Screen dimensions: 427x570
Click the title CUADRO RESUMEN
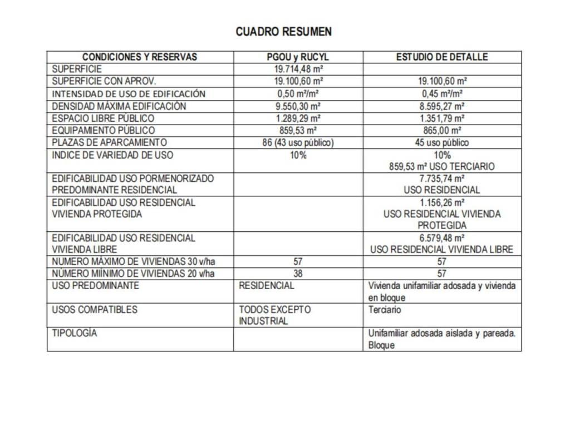pos(283,32)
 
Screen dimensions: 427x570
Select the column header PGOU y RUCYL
pos(298,57)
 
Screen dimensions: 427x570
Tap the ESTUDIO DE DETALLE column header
pos(442,57)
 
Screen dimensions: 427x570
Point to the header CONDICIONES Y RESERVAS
pos(140,57)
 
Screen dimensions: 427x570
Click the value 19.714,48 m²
pos(298,69)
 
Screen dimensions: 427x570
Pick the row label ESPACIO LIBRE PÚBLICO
pos(104,118)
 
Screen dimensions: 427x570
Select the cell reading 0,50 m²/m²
pos(298,94)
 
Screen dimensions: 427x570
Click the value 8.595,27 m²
pos(443,106)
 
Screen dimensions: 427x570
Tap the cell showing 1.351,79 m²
pos(443,118)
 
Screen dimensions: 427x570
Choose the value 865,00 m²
pos(443,131)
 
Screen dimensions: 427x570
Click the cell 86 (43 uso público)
pos(298,143)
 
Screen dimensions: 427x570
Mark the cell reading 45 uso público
pos(443,143)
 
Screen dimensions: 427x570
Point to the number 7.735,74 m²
pos(443,178)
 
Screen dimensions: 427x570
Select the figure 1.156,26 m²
pos(443,202)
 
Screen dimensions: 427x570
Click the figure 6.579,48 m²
pos(443,238)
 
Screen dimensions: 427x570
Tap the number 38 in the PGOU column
pos(298,274)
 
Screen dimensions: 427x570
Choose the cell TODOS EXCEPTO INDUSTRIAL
pos(275,315)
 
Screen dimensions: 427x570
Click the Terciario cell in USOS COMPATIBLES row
pos(385,310)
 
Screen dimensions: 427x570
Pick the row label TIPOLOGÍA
pos(75,334)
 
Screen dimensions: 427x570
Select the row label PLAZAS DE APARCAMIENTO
pos(109,143)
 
